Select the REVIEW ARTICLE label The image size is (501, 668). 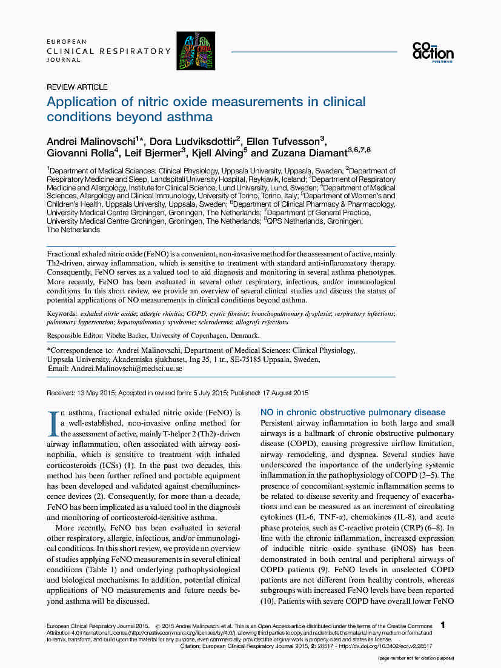tap(77, 87)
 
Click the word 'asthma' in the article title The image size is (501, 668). tap(191, 116)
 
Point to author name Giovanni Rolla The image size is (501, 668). tap(78, 153)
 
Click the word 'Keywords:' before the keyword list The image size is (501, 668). tap(62, 313)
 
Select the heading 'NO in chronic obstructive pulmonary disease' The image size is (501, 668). tap(353, 412)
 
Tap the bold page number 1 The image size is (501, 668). tap(443, 624)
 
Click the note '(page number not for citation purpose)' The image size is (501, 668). tap(416, 658)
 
